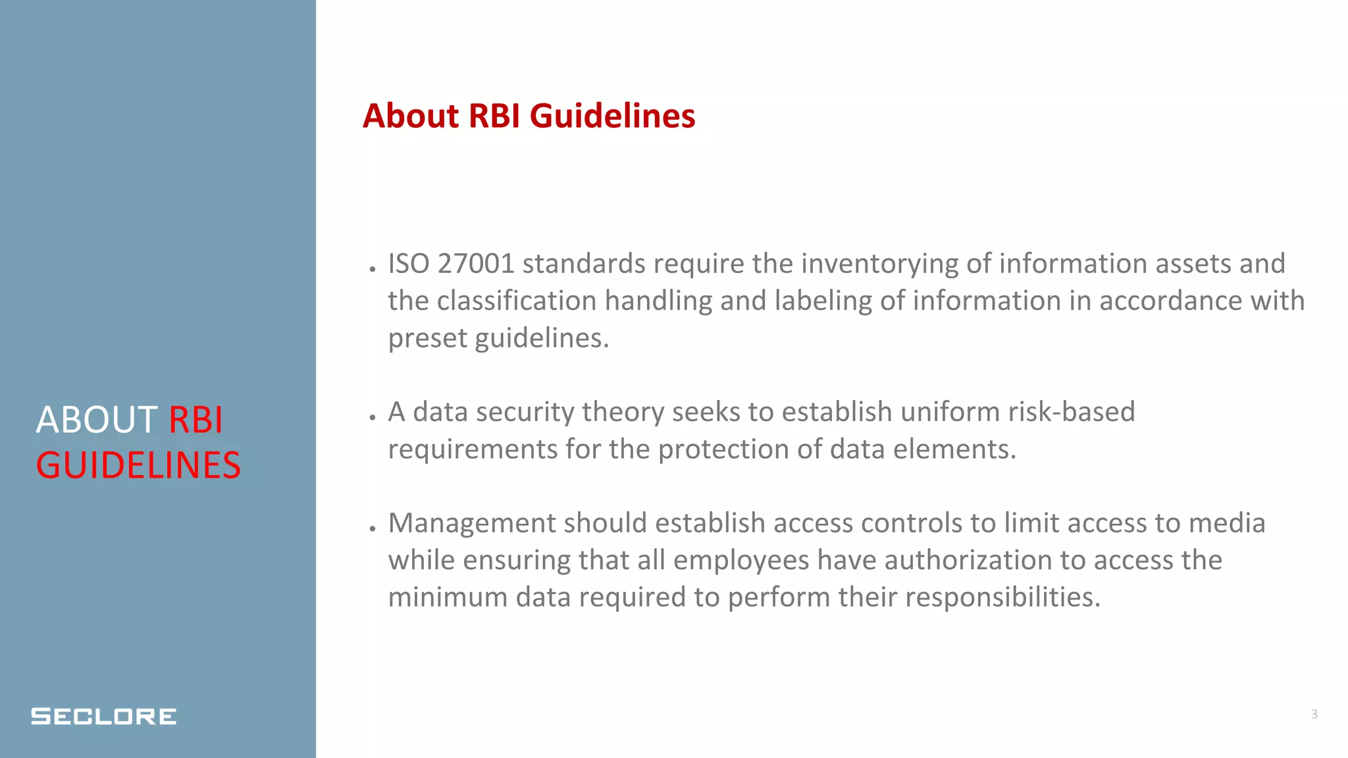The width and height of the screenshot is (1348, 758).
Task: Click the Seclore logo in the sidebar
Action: tap(103, 716)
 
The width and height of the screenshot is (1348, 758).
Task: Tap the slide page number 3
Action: tap(1314, 714)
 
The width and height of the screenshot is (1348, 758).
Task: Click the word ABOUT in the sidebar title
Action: tap(96, 420)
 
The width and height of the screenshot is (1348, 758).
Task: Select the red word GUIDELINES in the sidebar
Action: tap(138, 465)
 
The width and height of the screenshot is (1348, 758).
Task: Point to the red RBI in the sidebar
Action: tap(195, 420)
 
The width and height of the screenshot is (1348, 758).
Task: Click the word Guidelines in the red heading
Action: tap(612, 116)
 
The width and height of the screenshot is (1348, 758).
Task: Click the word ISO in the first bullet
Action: tap(409, 264)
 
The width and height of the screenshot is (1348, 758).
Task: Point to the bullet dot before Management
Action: tap(373, 528)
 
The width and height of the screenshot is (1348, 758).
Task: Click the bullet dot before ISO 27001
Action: tap(373, 269)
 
